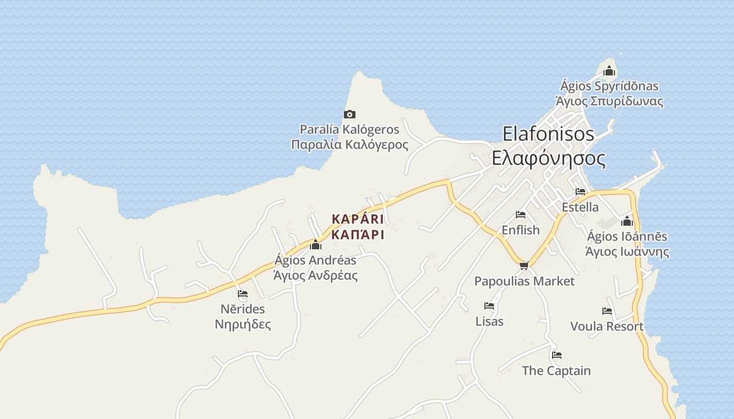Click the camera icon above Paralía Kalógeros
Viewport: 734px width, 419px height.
click(349, 114)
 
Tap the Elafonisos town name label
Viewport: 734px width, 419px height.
click(548, 134)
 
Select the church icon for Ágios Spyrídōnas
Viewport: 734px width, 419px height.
click(609, 71)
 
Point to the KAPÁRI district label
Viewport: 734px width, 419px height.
click(358, 219)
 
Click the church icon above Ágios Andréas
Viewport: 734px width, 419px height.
click(316, 245)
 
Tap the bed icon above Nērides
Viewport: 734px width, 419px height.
click(242, 294)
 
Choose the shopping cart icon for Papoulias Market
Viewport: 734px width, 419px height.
click(523, 266)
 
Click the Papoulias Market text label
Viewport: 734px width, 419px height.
click(524, 281)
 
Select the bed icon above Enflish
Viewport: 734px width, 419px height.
click(521, 215)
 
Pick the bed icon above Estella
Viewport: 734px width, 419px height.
click(580, 192)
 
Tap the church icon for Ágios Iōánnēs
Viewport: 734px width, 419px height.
click(627, 221)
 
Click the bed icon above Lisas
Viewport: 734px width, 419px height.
click(489, 306)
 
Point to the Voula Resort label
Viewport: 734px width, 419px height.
click(607, 326)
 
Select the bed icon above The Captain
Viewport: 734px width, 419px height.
click(556, 355)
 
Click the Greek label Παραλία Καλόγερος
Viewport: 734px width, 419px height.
click(350, 145)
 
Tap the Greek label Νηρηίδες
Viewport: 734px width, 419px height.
click(243, 324)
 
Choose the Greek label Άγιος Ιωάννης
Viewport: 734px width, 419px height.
click(627, 252)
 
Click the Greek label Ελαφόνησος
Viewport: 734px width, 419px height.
click(548, 158)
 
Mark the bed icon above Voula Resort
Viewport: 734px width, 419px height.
click(607, 311)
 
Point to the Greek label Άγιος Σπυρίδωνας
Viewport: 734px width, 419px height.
click(609, 101)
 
